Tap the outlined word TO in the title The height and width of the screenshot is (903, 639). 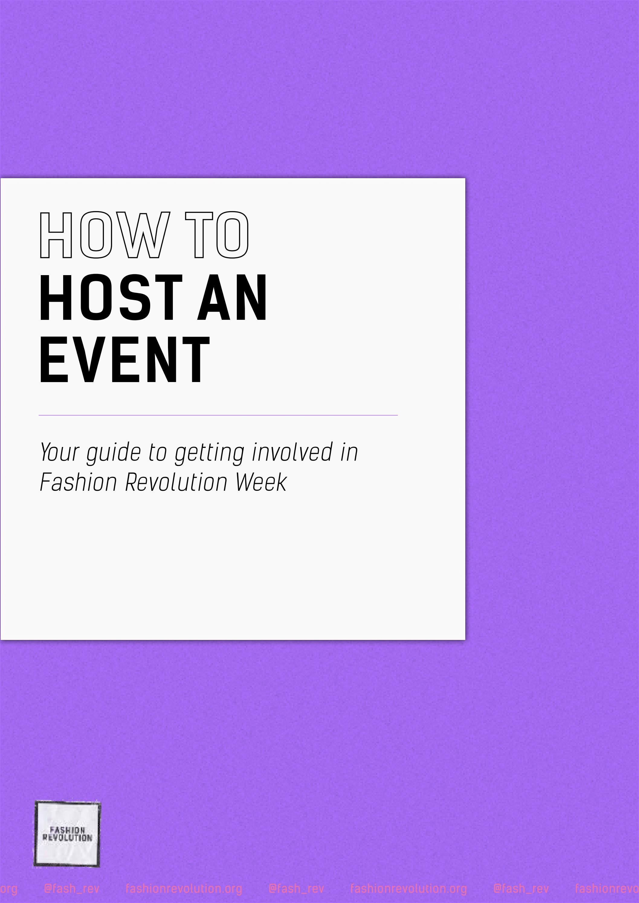217,235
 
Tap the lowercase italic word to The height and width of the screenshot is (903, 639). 157,452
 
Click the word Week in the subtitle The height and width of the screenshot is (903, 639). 261,482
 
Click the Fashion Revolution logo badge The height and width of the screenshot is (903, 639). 67,834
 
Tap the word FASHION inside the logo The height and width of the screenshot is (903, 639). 67,830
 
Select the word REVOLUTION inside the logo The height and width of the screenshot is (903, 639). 67,838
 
